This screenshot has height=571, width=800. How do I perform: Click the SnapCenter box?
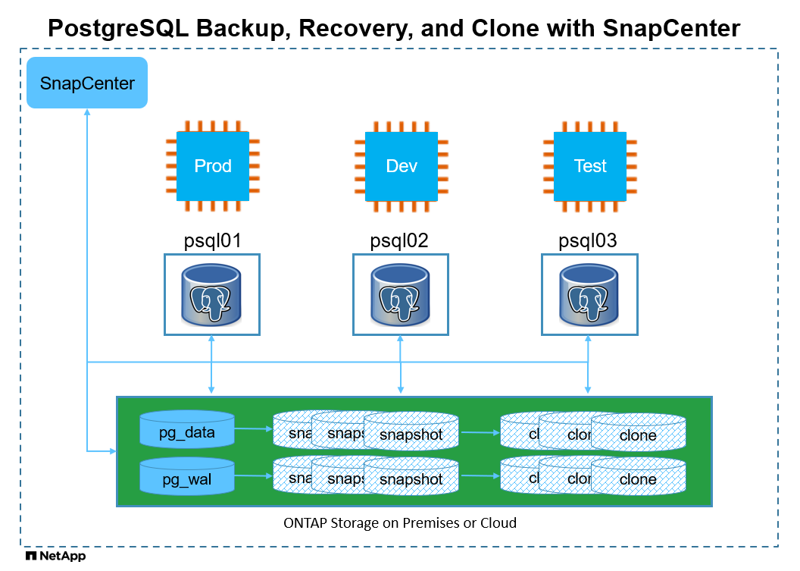(x=87, y=83)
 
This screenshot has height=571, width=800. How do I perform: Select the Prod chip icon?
(x=213, y=166)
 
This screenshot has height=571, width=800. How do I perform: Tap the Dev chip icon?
(x=402, y=166)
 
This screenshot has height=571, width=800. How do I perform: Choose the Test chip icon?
(x=590, y=166)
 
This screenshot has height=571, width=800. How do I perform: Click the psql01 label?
(x=213, y=241)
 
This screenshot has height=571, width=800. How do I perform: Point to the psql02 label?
(x=399, y=241)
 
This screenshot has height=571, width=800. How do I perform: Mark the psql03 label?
(x=588, y=241)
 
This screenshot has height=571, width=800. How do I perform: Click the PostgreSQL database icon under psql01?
(x=212, y=294)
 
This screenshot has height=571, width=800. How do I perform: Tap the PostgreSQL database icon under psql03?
(x=589, y=294)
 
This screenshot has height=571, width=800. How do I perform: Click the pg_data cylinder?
(x=187, y=431)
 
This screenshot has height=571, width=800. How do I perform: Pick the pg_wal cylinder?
(x=187, y=478)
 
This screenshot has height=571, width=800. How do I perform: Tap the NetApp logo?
(x=55, y=557)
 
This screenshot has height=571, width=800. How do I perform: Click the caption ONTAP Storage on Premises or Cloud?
(x=399, y=522)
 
